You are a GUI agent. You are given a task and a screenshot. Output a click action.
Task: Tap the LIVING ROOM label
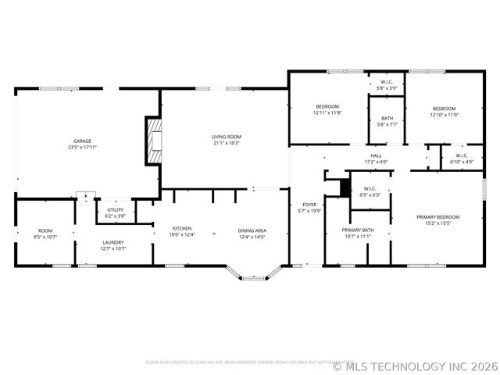click(x=226, y=137)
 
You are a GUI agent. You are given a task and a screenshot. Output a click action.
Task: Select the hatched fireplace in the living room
click(x=153, y=141)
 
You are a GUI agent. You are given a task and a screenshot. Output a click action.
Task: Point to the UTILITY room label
click(x=115, y=209)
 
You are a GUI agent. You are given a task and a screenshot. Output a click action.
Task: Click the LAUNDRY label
click(x=113, y=242)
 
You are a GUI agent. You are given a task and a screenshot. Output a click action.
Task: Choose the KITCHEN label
click(x=182, y=228)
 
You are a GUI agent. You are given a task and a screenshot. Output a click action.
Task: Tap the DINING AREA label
click(x=252, y=230)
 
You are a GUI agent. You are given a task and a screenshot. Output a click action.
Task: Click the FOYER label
click(x=309, y=205)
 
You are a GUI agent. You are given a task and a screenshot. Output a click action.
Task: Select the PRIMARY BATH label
click(x=357, y=230)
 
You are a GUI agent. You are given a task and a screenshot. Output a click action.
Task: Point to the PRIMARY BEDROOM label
click(x=437, y=216)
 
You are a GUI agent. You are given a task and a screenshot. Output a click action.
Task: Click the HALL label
click(x=375, y=156)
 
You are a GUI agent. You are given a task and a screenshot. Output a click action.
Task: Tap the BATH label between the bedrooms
click(x=387, y=118)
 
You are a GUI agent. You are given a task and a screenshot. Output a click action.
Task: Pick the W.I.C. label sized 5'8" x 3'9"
click(x=387, y=82)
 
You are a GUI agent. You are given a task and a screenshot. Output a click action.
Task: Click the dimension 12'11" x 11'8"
click(x=327, y=112)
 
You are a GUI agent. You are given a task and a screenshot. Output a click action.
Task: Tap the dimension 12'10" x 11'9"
click(x=443, y=115)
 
